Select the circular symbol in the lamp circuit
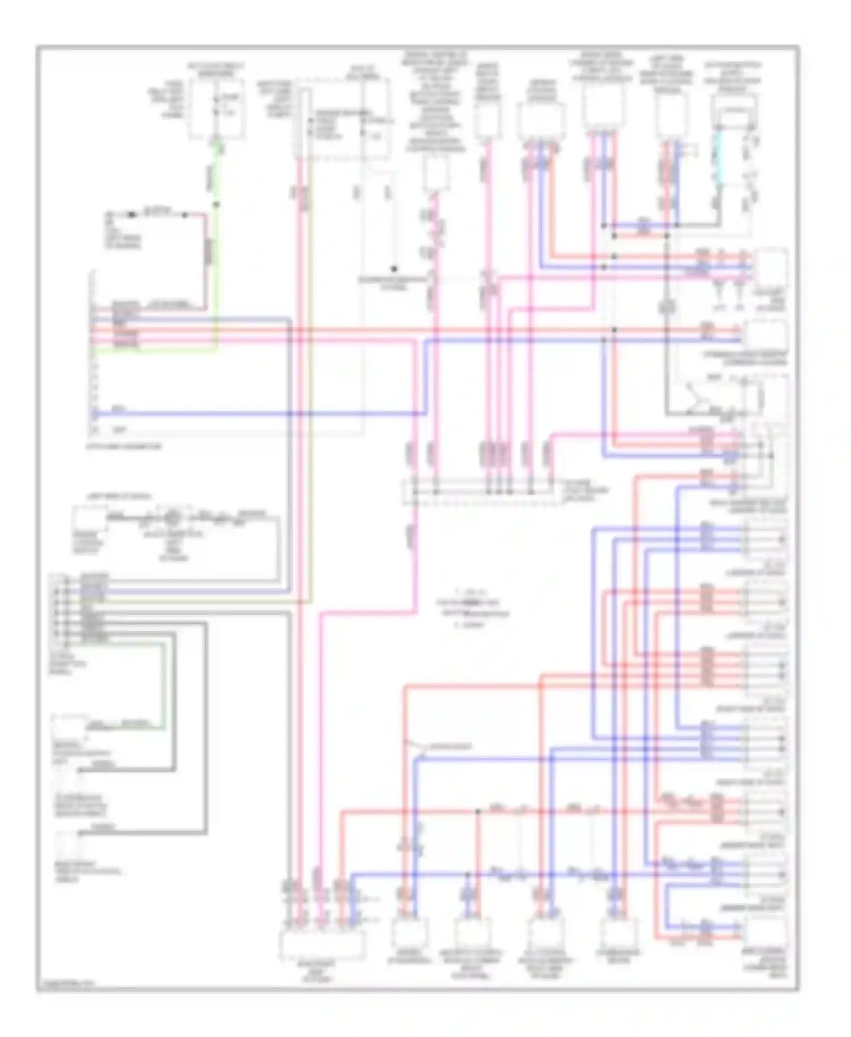click(172, 518)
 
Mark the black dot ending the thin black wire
click(393, 269)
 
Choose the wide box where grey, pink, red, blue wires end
click(321, 943)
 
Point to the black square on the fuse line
click(132, 214)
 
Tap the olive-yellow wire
click(310, 397)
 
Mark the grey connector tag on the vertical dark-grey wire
click(667, 307)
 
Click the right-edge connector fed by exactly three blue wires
click(764, 539)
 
